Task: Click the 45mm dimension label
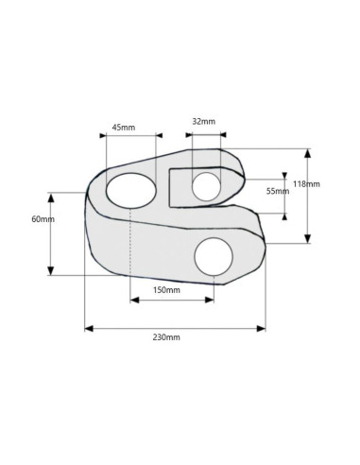[124, 128]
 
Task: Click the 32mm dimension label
[204, 121]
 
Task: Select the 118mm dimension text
[306, 183]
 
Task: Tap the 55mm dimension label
[278, 191]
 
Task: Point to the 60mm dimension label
[43, 219]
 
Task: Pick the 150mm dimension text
[166, 290]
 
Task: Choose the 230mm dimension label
[166, 337]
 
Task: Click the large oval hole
[131, 191]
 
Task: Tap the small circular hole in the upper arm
[206, 186]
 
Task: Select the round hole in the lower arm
[214, 256]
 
